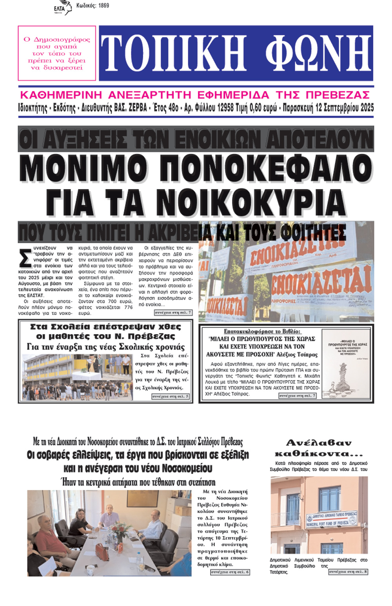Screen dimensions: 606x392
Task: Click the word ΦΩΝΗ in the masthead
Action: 318,53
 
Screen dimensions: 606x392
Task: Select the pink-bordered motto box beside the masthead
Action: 57,53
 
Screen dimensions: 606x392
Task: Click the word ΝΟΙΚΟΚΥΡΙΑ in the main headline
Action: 251,202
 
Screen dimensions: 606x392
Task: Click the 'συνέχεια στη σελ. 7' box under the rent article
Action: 173,313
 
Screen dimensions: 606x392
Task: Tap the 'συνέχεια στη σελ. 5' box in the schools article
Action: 171,397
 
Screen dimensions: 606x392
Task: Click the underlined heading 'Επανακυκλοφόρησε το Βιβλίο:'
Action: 262,331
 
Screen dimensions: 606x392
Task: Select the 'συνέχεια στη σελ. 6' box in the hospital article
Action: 230,572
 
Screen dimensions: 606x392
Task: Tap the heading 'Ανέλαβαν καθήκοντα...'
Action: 319,448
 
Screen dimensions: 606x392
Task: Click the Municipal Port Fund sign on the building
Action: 332,519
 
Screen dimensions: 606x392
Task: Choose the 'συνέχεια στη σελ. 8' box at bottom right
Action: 348,572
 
